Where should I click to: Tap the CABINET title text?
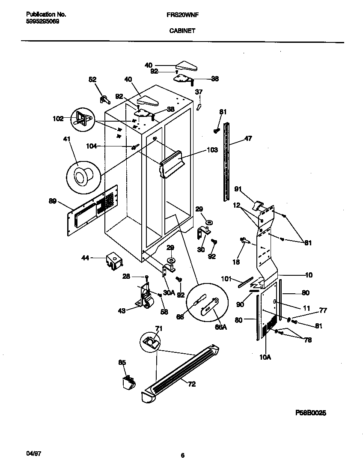pos(182,31)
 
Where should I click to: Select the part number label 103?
pos(212,150)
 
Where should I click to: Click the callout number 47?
pos(248,138)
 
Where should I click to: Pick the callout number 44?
pos(86,258)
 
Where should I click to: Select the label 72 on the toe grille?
pos(191,384)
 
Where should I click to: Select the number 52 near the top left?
pos(92,79)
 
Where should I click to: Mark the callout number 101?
pos(226,279)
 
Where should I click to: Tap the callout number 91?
pos(238,188)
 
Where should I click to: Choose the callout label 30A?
pos(169,293)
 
